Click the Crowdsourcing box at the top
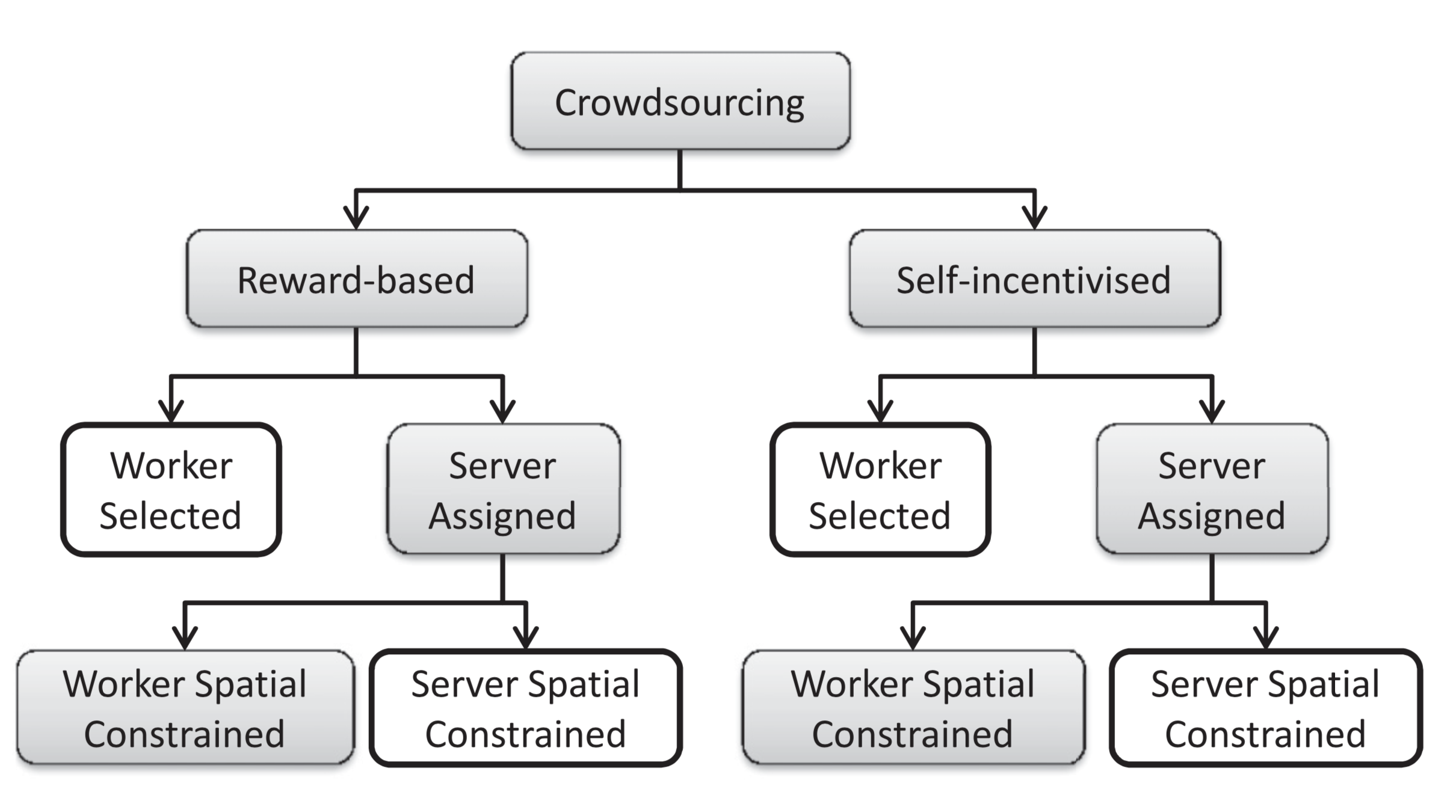pyautogui.click(x=680, y=101)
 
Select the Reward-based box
pyautogui.click(x=356, y=279)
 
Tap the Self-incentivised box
pyautogui.click(x=1034, y=279)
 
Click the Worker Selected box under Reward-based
pyautogui.click(x=171, y=489)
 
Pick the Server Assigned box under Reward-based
pyautogui.click(x=503, y=489)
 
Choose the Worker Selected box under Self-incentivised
pyautogui.click(x=880, y=489)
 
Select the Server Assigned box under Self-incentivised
pyautogui.click(x=1212, y=489)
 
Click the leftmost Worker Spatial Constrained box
pyautogui.click(x=185, y=708)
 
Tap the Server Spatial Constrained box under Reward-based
pyautogui.click(x=526, y=708)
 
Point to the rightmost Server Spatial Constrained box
pyautogui.click(x=1266, y=708)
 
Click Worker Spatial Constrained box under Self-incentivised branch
pyautogui.click(x=913, y=708)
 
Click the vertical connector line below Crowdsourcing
pyautogui.click(x=680, y=170)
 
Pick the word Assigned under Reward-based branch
pyautogui.click(x=503, y=516)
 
